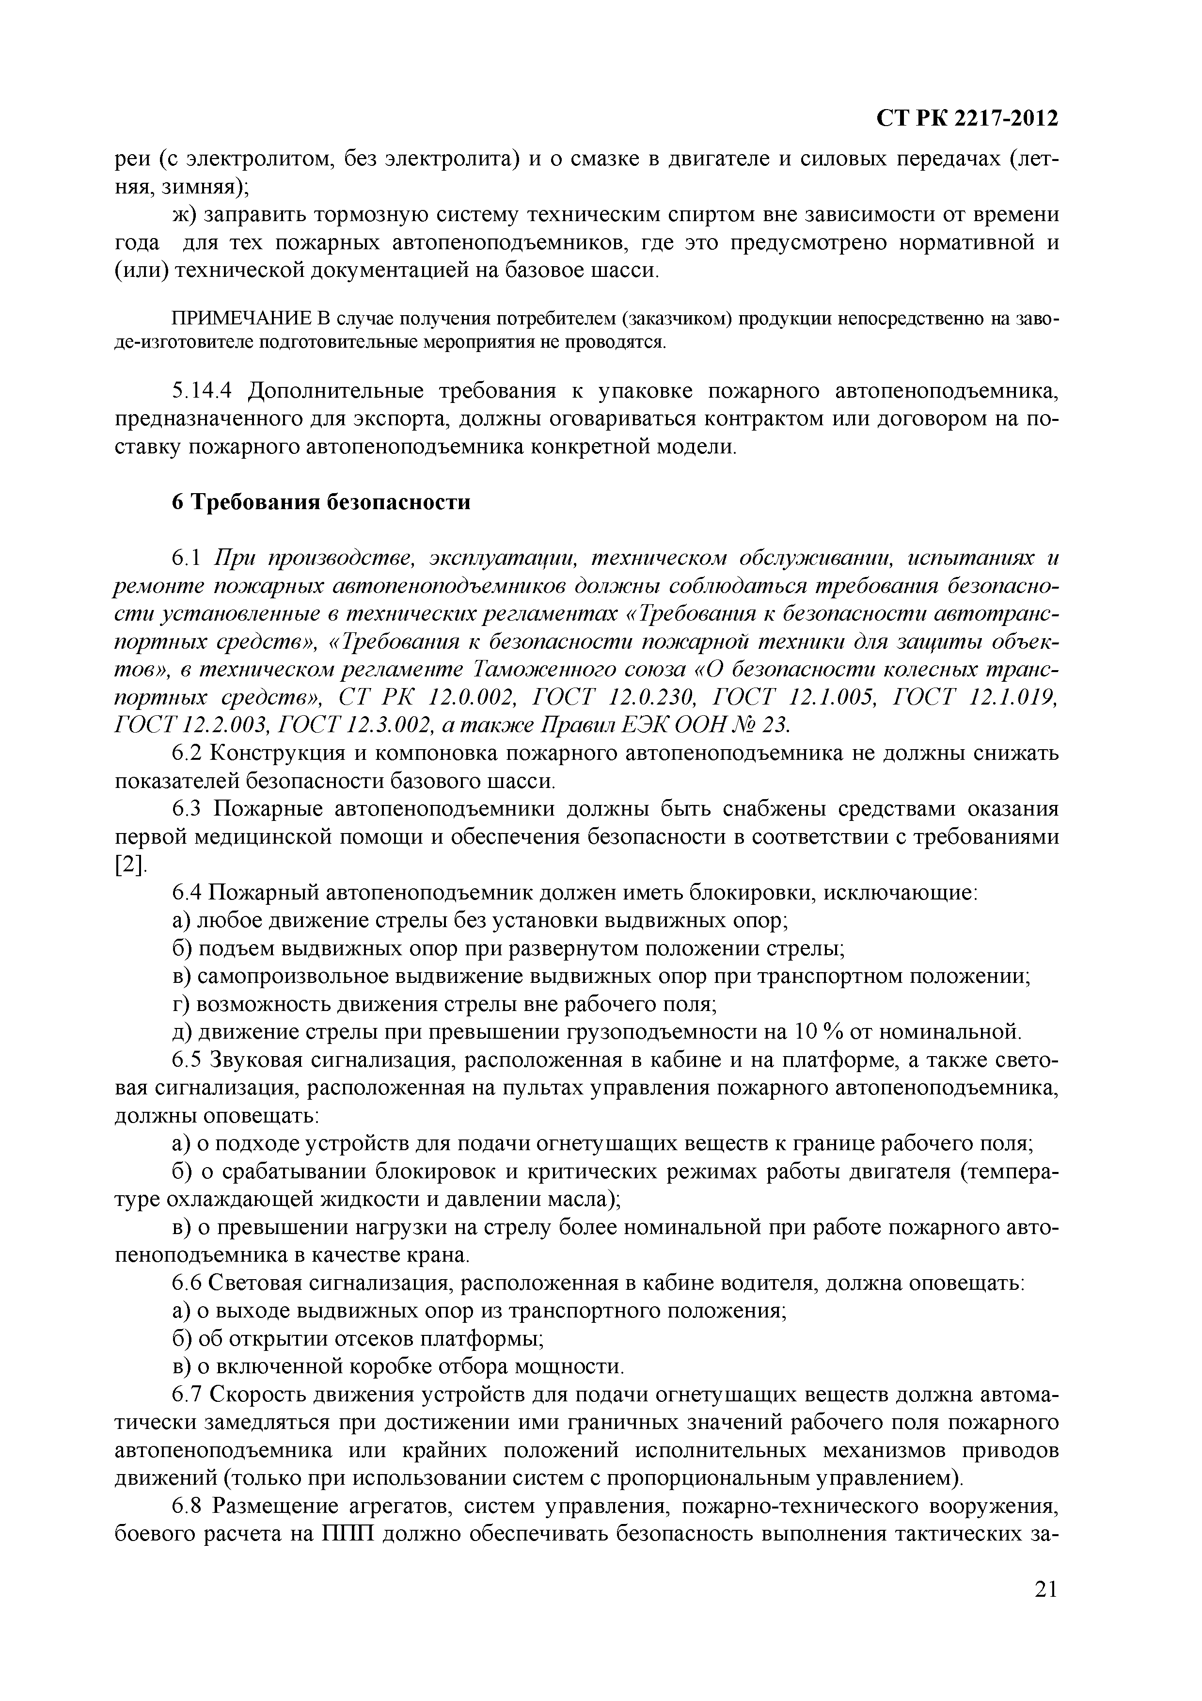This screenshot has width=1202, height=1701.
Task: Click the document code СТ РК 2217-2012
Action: click(x=966, y=118)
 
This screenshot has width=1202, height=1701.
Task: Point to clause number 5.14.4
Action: click(x=201, y=391)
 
